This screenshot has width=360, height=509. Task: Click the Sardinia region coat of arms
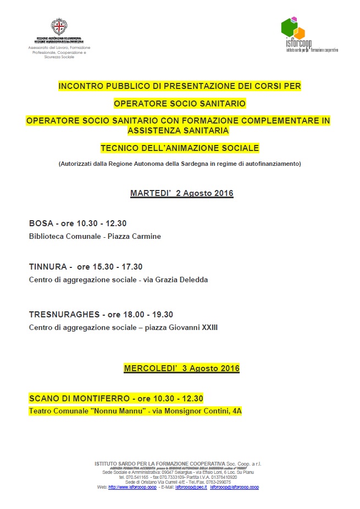[x=58, y=26]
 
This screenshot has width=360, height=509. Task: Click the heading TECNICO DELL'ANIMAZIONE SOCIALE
[x=180, y=148]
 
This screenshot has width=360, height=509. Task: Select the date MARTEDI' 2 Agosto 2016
[x=182, y=193]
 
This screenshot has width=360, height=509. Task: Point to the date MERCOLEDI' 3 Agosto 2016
[x=182, y=368]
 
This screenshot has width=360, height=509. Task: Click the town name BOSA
[x=41, y=223]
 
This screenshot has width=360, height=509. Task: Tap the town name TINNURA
[x=47, y=267]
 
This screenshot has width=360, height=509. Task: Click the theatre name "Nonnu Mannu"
[x=117, y=411]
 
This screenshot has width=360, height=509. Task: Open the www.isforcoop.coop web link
[x=129, y=487]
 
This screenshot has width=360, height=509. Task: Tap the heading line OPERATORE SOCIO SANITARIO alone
[x=180, y=103]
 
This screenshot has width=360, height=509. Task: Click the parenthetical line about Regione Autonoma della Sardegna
[x=180, y=164]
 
